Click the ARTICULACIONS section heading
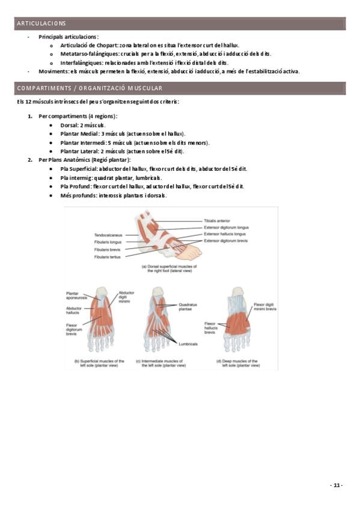coord(41,23)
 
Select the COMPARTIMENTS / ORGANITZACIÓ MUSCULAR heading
coord(90,88)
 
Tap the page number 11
coord(337,485)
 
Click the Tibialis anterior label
coord(217,221)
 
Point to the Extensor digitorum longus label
coord(226,227)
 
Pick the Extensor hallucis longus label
coord(225,234)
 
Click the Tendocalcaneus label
coord(108,235)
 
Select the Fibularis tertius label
coord(107,257)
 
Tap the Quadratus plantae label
coord(188,307)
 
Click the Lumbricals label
coord(188,344)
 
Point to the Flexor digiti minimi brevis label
coord(265,307)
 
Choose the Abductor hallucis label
coord(74,310)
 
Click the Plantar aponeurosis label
coord(77,295)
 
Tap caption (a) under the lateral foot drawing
coord(169,268)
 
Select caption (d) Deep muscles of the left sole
coord(238,363)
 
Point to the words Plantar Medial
coord(79,134)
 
